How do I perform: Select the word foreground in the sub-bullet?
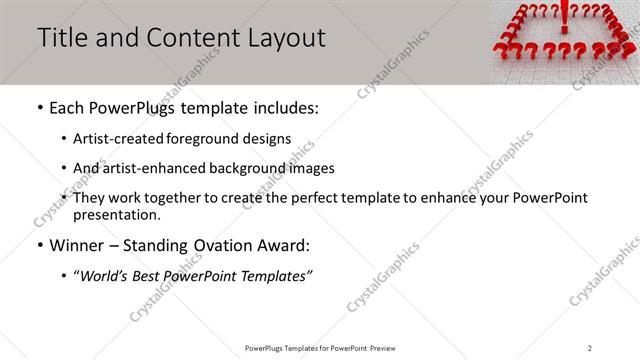tap(199, 138)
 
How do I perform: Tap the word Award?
tap(284, 244)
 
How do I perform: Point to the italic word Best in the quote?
tap(150, 274)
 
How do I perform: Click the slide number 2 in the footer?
tap(590, 347)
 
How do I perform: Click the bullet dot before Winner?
tap(38, 244)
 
